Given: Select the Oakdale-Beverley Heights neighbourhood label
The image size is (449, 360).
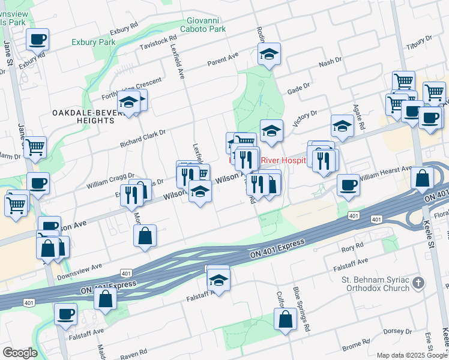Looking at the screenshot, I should tap(83, 116).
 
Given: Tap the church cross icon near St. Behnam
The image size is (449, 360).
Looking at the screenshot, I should tap(419, 283).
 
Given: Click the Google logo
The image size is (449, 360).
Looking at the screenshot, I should tap(20, 352).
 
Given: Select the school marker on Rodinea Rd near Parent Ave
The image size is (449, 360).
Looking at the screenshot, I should tap(270, 54).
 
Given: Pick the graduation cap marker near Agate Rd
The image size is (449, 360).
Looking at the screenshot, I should tap(342, 126).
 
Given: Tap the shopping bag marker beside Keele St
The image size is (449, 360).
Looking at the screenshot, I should tap(423, 178).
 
